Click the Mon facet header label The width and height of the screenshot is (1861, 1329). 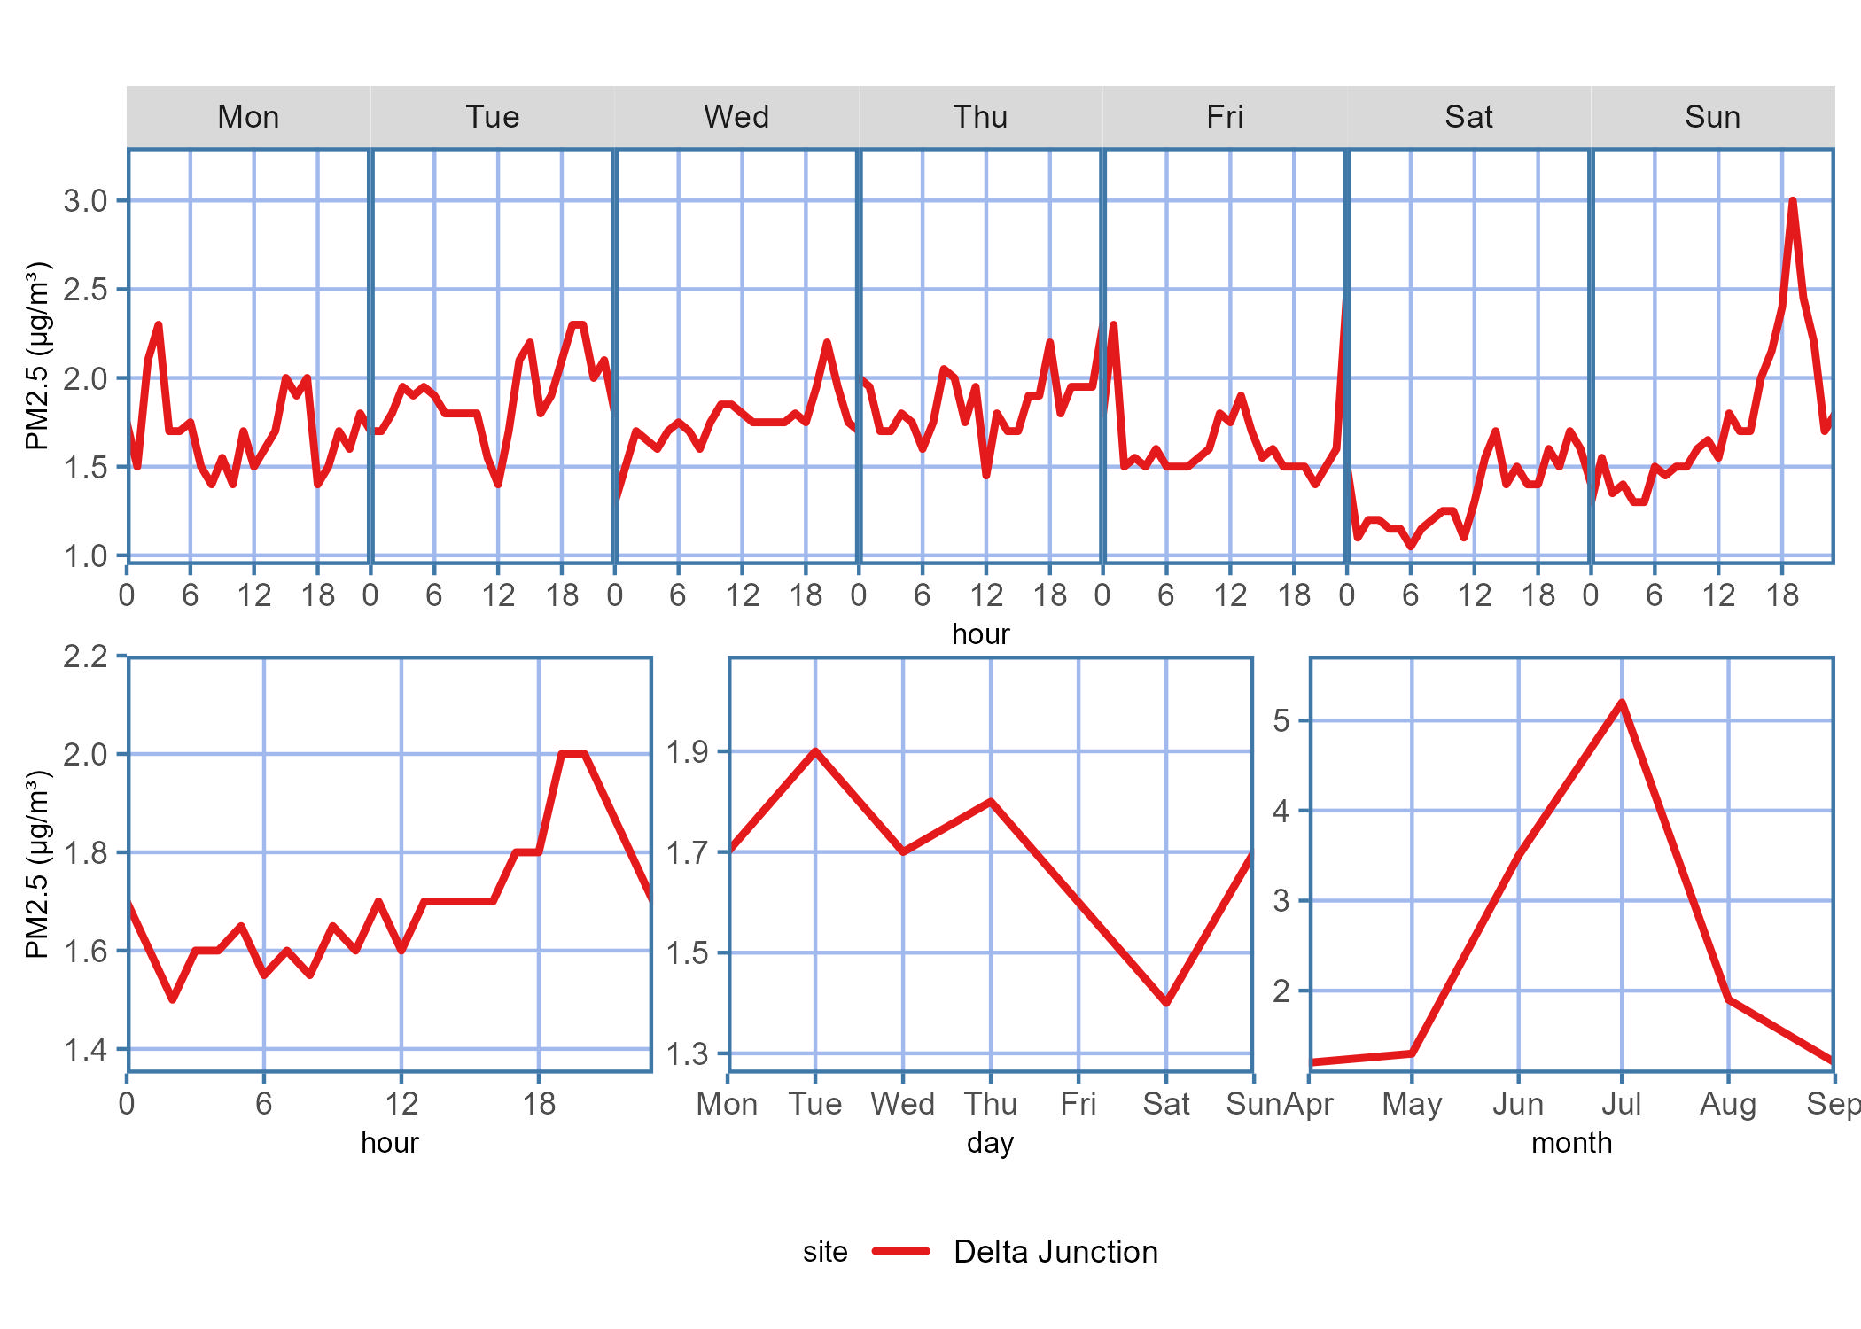[x=248, y=117]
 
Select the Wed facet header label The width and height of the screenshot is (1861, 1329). [x=736, y=117]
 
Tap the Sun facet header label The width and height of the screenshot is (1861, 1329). [x=1712, y=117]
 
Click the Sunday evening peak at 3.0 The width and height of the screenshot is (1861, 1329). [x=1792, y=201]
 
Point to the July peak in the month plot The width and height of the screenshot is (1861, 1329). [x=1622, y=703]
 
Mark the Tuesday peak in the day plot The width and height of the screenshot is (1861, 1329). [x=815, y=751]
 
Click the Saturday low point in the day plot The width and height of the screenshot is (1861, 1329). [x=1166, y=1002]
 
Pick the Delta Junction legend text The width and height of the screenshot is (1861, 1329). [x=1055, y=1251]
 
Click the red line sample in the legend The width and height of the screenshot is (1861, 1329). [x=900, y=1251]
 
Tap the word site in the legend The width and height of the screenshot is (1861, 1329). [x=825, y=1252]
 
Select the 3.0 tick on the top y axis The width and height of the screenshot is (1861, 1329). [x=85, y=201]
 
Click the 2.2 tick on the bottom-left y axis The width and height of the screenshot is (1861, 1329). [x=85, y=657]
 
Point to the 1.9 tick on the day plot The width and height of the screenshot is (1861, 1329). [x=688, y=752]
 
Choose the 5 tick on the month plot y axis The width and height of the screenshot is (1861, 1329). [x=1281, y=720]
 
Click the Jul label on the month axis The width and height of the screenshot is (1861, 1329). [x=1622, y=1104]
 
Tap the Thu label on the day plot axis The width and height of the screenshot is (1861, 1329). [x=991, y=1104]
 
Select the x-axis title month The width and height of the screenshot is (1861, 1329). [x=1571, y=1143]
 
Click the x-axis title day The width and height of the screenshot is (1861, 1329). [x=990, y=1143]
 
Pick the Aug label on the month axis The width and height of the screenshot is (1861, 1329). [x=1728, y=1104]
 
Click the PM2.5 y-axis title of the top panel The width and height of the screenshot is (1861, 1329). [x=37, y=355]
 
